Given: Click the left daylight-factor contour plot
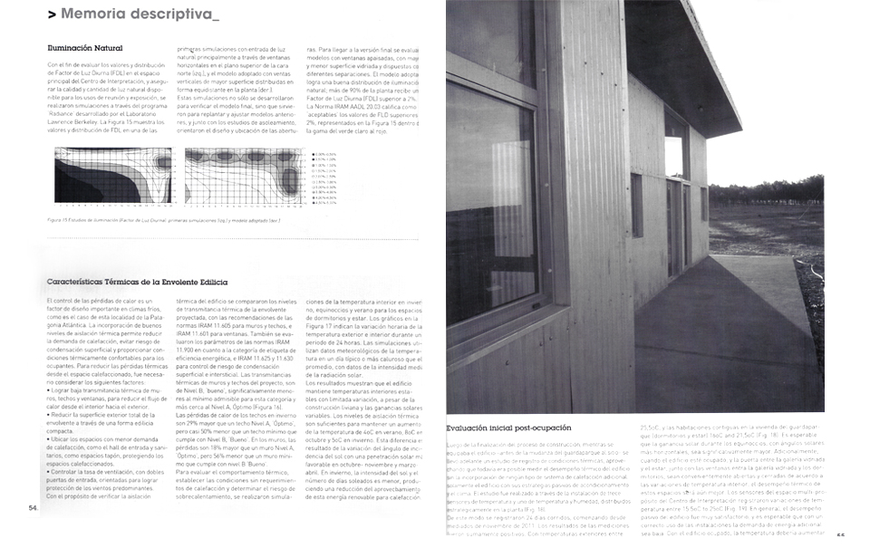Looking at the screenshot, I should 113,175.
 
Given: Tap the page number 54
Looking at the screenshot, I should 33,508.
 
